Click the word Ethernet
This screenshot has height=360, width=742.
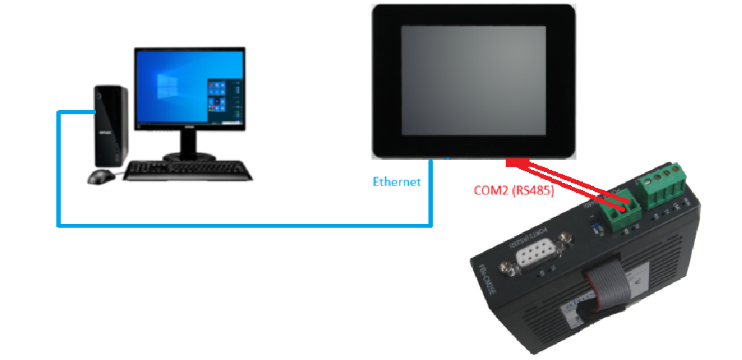click(396, 181)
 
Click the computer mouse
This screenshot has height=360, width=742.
click(101, 176)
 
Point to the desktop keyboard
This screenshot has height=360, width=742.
click(189, 171)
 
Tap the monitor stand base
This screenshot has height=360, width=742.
click(189, 156)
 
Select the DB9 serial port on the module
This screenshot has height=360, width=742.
click(536, 256)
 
